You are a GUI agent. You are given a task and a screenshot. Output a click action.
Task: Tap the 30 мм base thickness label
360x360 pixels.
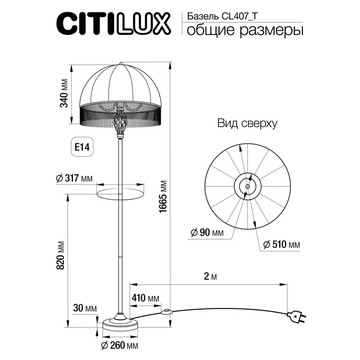pyautogui.click(x=85, y=309)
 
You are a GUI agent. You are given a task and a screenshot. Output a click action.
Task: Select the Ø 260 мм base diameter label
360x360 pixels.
pyautogui.click(x=119, y=345)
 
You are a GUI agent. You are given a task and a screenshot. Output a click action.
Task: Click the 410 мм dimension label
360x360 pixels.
pyautogui.click(x=146, y=299)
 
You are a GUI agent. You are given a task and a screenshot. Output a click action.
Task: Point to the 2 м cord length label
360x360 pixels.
pyautogui.click(x=208, y=277)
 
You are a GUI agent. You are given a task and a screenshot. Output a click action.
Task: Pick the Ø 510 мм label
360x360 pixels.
pyautogui.click(x=281, y=244)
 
